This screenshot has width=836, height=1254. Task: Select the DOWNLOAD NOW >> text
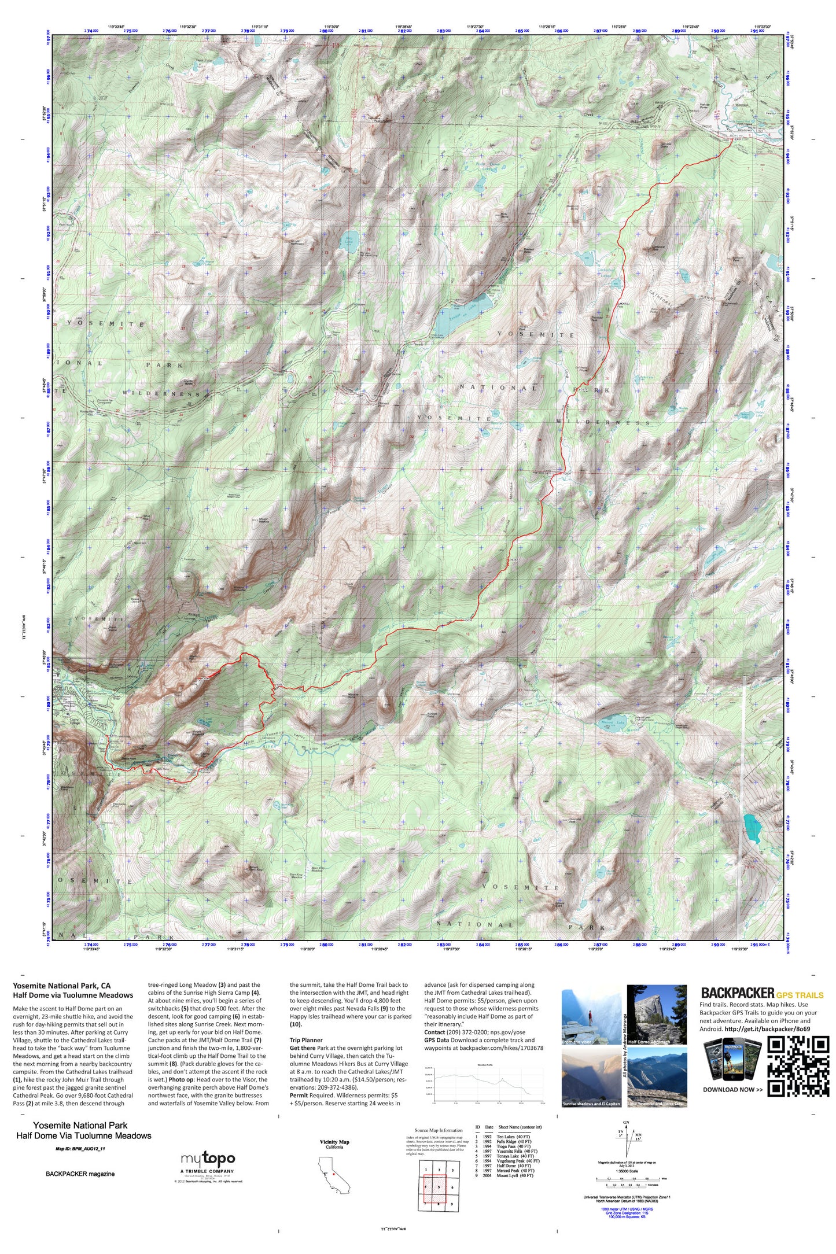732,1090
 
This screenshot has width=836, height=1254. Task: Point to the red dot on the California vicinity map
334,1174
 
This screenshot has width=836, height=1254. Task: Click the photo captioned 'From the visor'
591,1017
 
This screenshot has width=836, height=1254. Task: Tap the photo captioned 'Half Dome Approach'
657,1015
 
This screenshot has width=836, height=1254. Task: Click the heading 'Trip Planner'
306,1040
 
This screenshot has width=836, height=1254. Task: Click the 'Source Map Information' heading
438,1130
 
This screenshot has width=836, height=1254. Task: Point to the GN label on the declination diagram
626,1123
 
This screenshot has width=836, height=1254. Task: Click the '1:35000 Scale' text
626,1171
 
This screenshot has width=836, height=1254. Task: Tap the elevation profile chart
489,1082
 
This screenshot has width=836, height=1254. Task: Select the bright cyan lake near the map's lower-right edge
752,829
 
